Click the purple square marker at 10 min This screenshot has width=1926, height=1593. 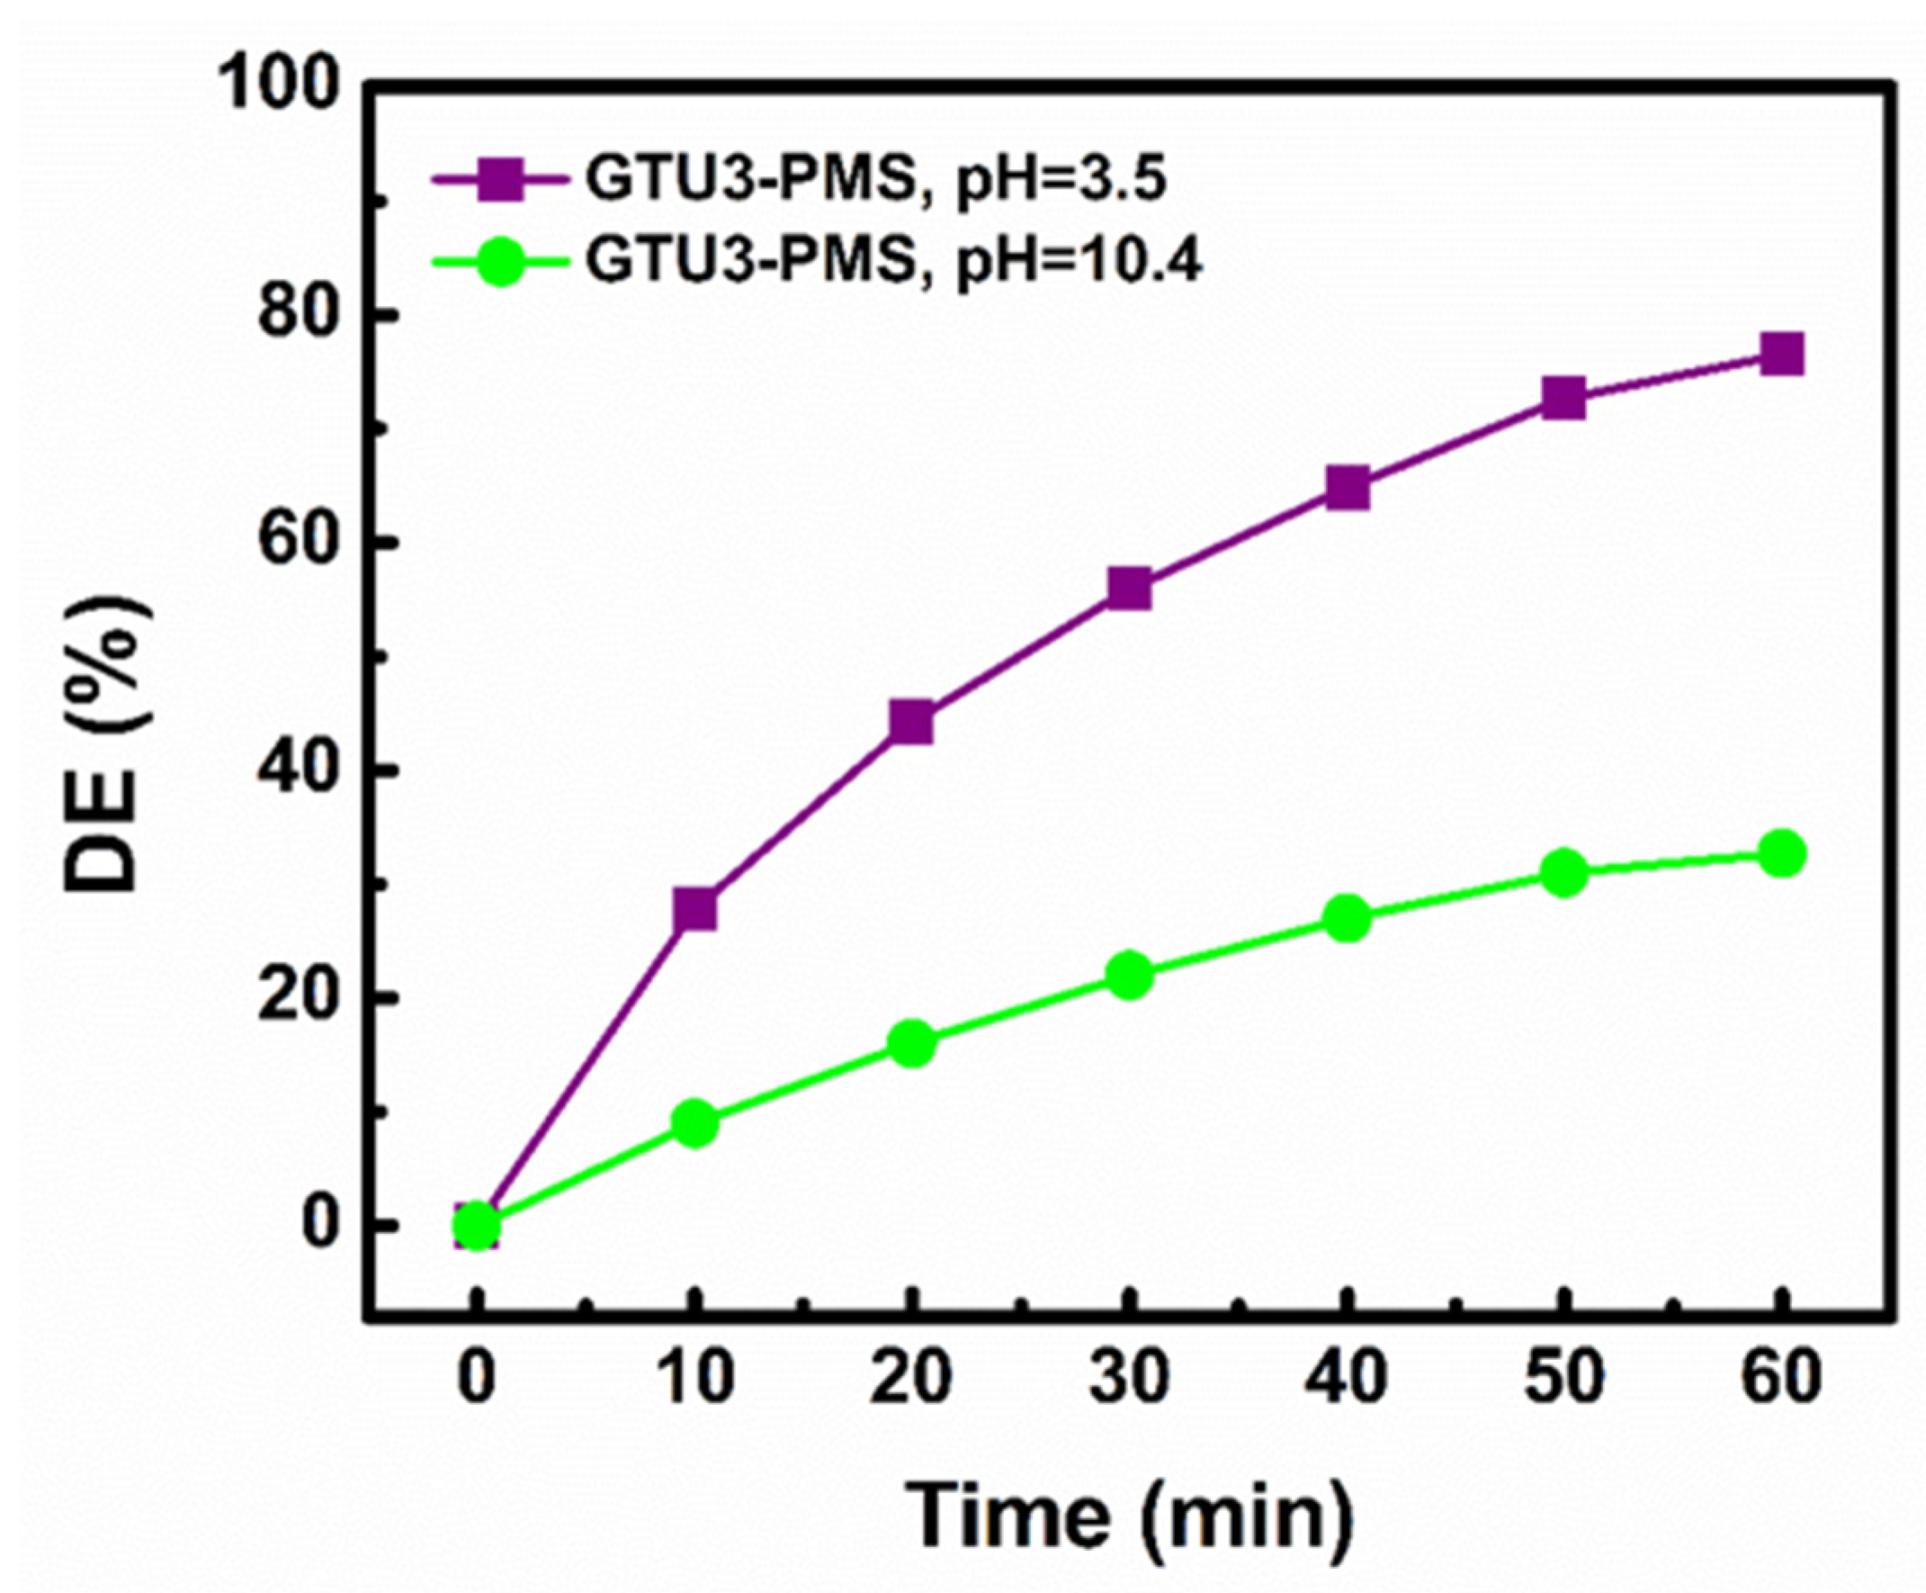694,909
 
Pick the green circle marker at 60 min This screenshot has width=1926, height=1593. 1782,854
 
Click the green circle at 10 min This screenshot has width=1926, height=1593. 694,1124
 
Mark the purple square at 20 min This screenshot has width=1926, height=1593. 910,722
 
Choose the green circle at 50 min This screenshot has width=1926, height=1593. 1564,872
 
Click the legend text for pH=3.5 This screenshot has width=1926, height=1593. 876,180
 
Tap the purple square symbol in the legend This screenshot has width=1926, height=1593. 501,181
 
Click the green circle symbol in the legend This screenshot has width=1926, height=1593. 501,263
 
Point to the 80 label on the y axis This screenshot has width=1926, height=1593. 291,315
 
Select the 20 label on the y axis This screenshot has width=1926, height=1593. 291,998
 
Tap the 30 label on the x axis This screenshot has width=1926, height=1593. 1129,1378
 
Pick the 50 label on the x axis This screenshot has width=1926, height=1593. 1564,1378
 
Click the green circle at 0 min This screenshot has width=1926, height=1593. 477,1226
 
